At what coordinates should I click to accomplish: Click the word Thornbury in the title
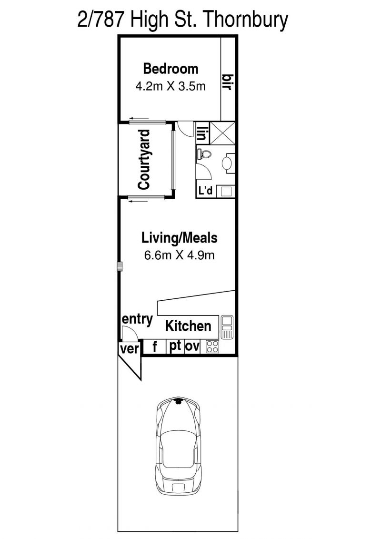(x=246, y=20)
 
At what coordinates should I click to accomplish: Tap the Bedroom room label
(x=171, y=69)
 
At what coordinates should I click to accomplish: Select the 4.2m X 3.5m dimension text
(x=171, y=86)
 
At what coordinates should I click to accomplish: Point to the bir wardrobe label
(x=228, y=82)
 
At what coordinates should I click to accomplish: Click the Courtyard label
(x=144, y=160)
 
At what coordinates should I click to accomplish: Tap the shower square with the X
(x=222, y=132)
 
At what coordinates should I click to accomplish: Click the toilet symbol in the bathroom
(x=204, y=153)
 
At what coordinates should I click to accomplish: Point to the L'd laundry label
(x=206, y=191)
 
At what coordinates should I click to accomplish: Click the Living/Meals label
(x=180, y=238)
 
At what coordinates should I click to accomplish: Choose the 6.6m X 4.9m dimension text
(x=180, y=255)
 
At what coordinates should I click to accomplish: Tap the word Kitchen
(x=188, y=326)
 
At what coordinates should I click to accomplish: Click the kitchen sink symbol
(x=227, y=327)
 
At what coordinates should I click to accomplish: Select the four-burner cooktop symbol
(x=212, y=347)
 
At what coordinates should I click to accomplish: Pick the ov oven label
(x=192, y=347)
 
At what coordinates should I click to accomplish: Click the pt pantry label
(x=175, y=346)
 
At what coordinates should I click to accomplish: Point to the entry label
(x=138, y=319)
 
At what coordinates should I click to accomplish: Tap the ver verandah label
(x=129, y=349)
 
